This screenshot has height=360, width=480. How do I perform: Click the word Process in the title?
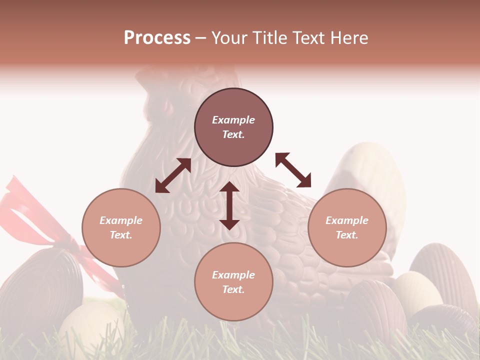[x=157, y=38]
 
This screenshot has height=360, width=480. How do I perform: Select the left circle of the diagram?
[x=121, y=227]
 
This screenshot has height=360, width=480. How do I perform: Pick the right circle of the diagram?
[x=347, y=227]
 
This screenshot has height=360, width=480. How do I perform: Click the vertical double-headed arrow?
[x=229, y=205]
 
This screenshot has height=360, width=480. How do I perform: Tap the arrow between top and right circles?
[x=293, y=170]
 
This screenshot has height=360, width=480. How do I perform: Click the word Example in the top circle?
[x=233, y=120]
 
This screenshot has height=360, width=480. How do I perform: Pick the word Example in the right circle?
[x=347, y=220]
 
